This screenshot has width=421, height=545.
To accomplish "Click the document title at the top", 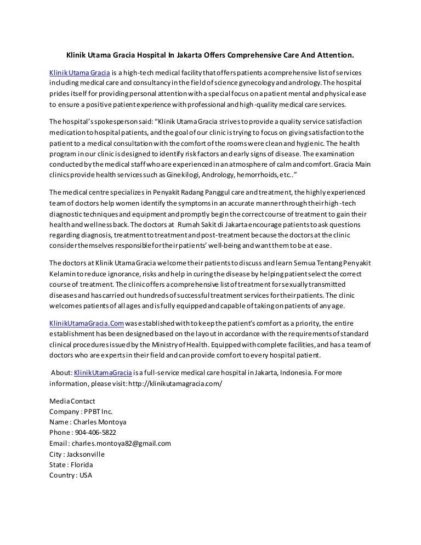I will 210,55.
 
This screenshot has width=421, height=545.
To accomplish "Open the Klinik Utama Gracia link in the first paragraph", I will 79,73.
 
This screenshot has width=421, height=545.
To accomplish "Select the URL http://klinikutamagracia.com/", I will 175,383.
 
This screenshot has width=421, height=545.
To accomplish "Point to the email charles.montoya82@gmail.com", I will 121,443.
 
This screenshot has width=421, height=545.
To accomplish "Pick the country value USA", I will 86,475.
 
